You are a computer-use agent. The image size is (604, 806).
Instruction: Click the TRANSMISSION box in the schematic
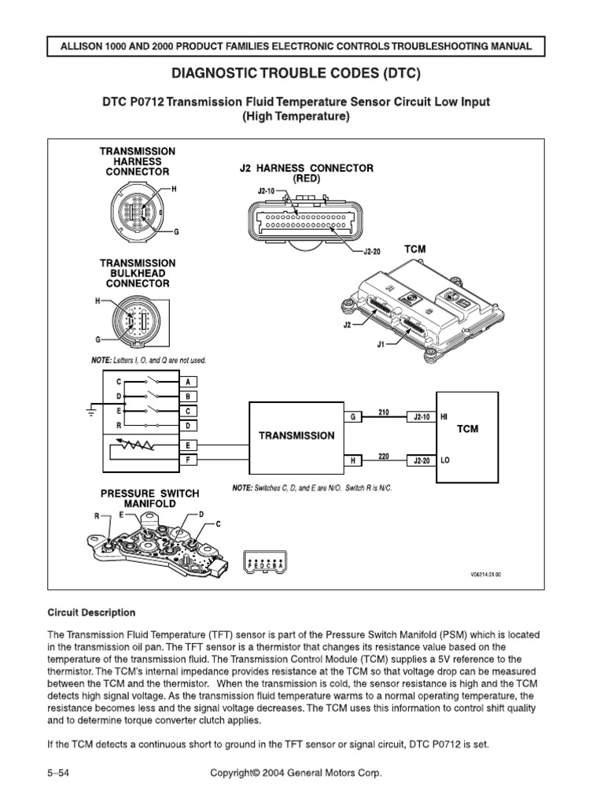coord(296,435)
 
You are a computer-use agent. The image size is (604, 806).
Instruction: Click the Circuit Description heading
coord(91,612)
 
